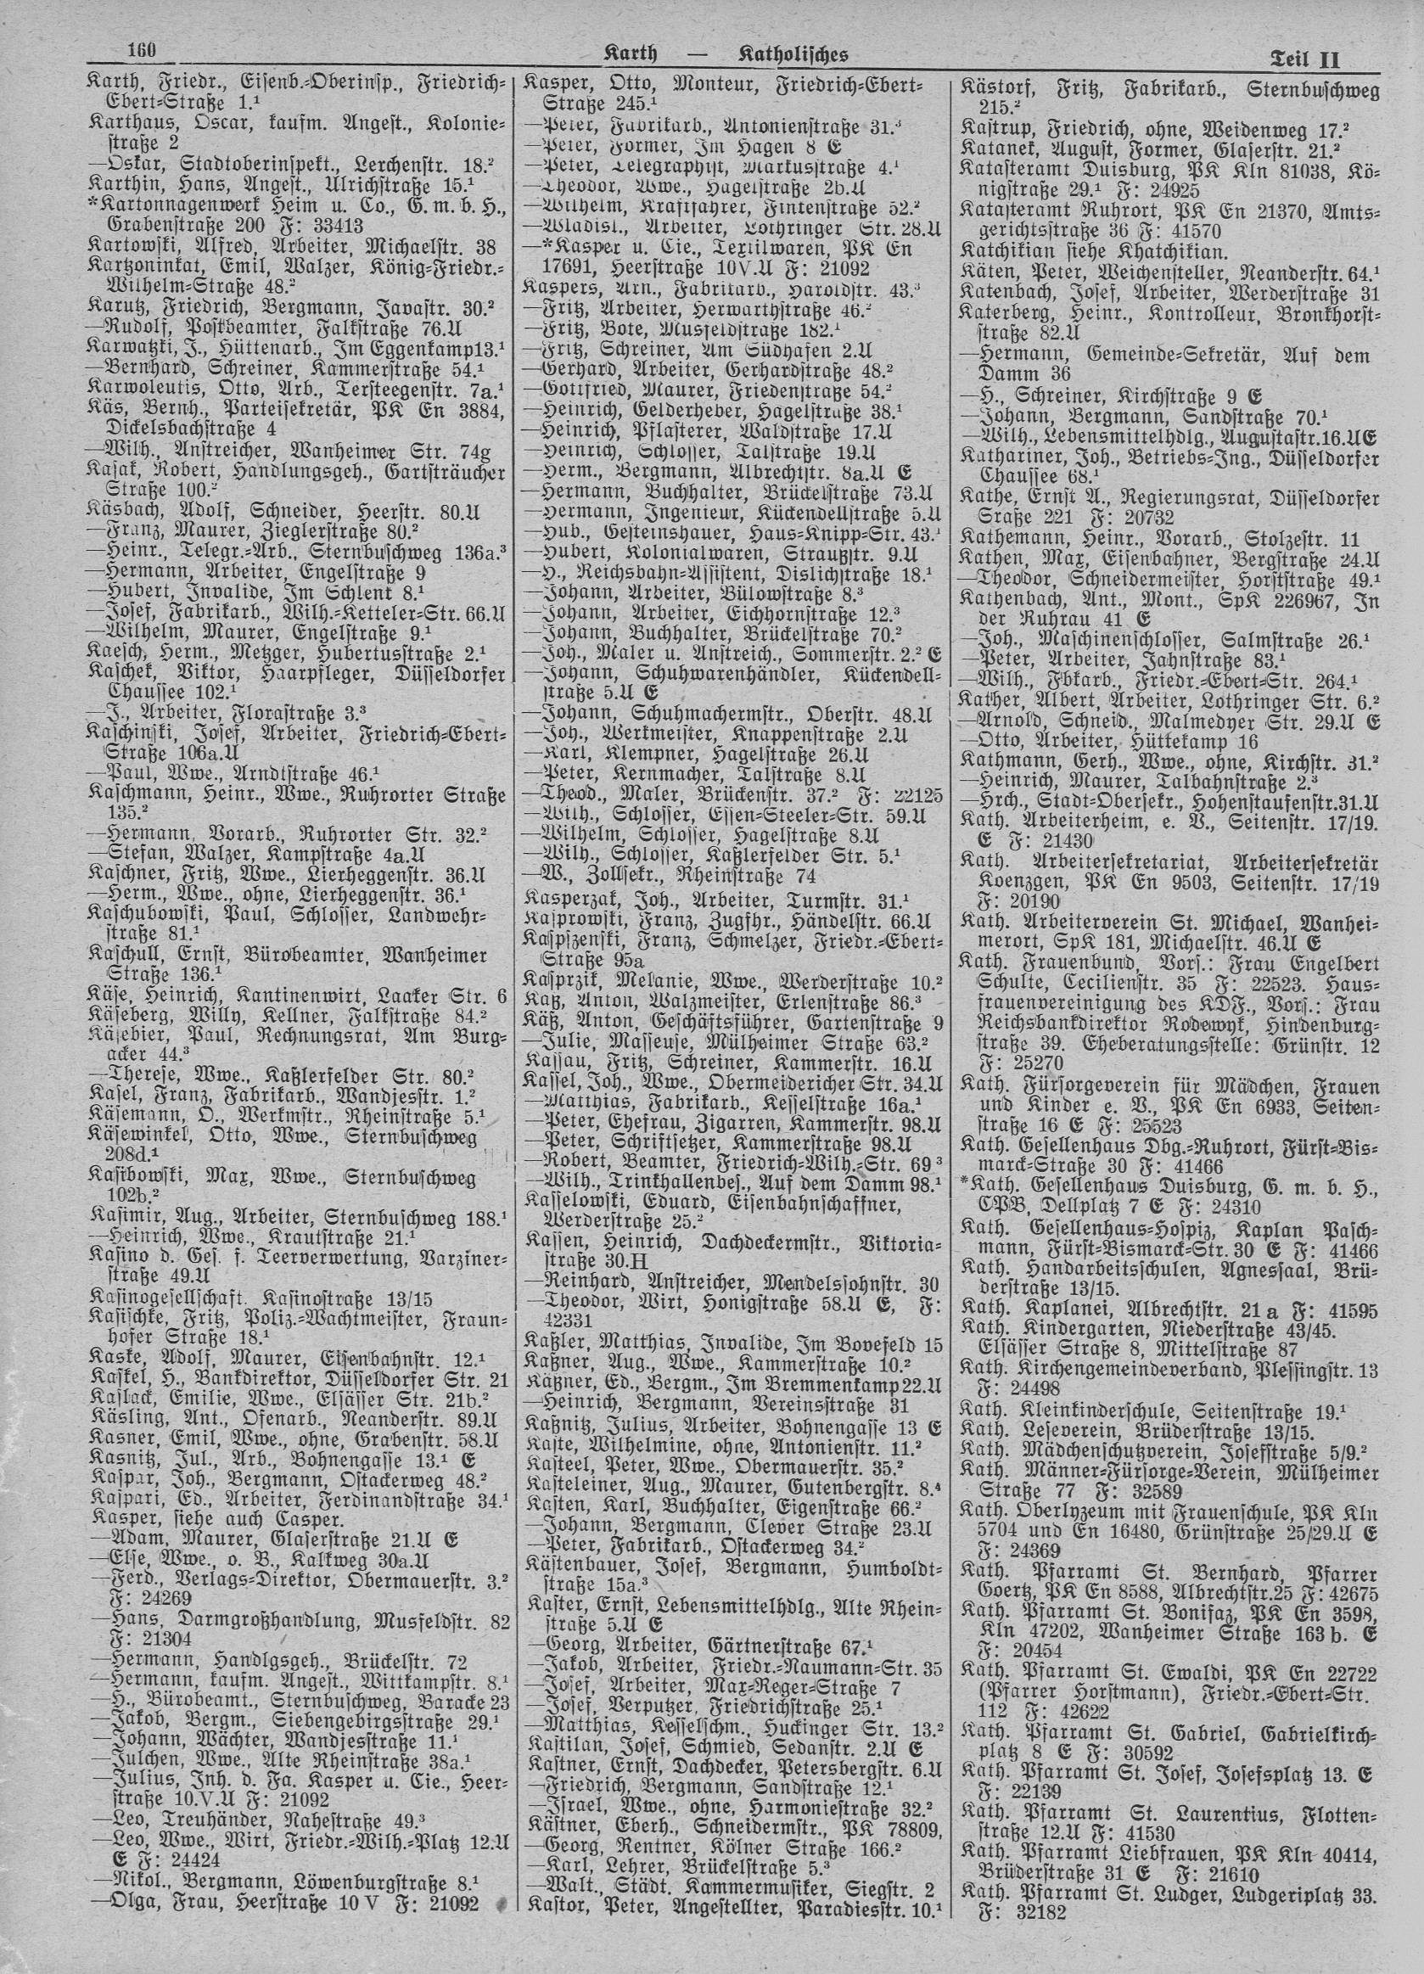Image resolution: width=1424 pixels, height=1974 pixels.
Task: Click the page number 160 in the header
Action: click(140, 50)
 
